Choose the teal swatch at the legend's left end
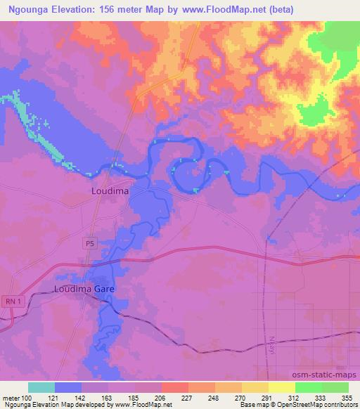[42, 387]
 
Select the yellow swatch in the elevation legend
[281, 387]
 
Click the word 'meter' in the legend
[10, 397]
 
